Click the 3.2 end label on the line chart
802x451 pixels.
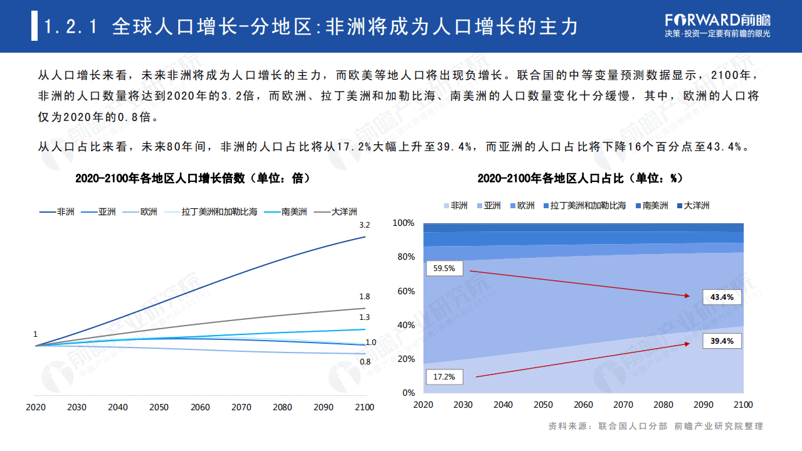click(x=364, y=225)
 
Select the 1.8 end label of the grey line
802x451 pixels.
click(x=364, y=297)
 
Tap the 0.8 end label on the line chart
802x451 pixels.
click(x=364, y=362)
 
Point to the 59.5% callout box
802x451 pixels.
click(x=445, y=268)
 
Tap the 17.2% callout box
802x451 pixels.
click(x=445, y=377)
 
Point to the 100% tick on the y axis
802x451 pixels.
click(x=403, y=223)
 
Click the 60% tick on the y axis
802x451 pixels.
click(x=405, y=291)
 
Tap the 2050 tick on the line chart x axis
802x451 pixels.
click(x=159, y=407)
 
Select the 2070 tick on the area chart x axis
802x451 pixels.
click(x=623, y=405)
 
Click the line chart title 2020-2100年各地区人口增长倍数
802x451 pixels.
click(x=193, y=179)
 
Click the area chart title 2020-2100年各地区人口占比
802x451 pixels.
click(x=580, y=179)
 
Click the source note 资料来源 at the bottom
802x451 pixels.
click(x=655, y=427)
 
